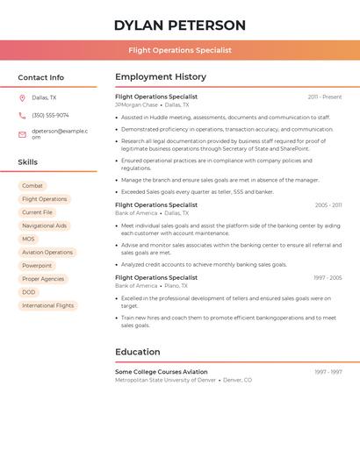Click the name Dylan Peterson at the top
[x=179, y=25]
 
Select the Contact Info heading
[x=41, y=77]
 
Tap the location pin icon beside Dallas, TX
[x=22, y=97]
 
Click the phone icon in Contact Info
[x=22, y=115]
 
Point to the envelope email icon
[x=22, y=134]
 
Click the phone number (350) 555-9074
[x=50, y=115]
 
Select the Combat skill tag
[x=32, y=186]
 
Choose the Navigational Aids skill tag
[x=44, y=225]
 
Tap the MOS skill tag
[x=29, y=239]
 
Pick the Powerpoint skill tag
[x=37, y=266]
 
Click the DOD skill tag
[x=29, y=292]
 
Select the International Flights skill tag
[x=48, y=305]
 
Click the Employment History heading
[x=161, y=77]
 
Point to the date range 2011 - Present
[x=325, y=97]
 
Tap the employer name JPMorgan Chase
[x=136, y=104]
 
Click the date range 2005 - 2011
[x=328, y=204]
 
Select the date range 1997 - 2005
[x=328, y=277]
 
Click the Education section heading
[x=138, y=352]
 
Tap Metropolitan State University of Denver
[x=165, y=380]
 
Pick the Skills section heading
[x=28, y=162]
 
